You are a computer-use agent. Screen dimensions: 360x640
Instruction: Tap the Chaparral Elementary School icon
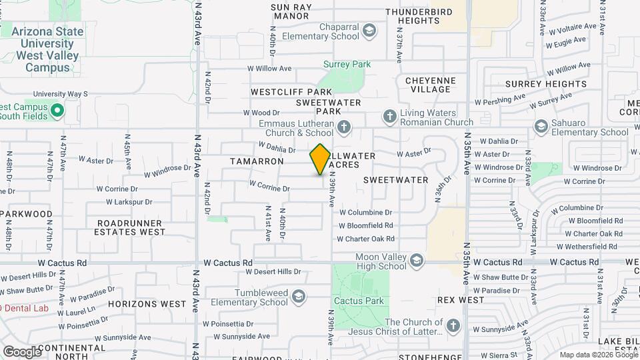[x=369, y=30]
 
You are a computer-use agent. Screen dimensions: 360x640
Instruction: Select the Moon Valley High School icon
[x=417, y=259]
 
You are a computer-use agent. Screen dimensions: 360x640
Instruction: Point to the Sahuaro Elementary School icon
[x=540, y=126]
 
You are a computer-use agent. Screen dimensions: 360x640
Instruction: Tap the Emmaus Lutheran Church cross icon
[x=344, y=126]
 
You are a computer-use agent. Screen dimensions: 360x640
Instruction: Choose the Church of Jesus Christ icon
[x=453, y=325]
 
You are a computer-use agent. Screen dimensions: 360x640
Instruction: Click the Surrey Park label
[x=347, y=65]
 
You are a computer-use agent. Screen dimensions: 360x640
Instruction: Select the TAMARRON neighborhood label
[x=257, y=161]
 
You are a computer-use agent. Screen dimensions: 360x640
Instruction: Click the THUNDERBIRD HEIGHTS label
[x=431, y=16]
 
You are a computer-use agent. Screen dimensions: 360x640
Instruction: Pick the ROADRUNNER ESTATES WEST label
[x=130, y=227]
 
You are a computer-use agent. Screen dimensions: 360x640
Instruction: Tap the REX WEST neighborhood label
[x=461, y=301]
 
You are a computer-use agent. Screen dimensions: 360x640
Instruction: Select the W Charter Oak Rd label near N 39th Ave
[x=367, y=239]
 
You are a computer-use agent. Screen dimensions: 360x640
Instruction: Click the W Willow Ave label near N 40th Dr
[x=269, y=68]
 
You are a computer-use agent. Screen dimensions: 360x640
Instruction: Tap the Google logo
[x=21, y=351]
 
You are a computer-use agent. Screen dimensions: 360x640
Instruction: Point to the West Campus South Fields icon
[x=57, y=111]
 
